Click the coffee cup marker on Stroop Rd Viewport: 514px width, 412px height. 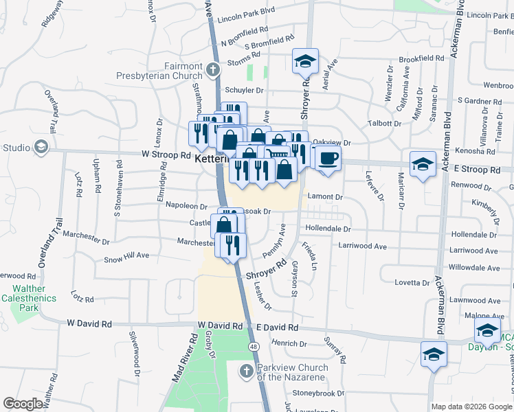328,157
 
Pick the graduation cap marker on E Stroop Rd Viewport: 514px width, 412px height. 423,164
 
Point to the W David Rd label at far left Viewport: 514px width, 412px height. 89,323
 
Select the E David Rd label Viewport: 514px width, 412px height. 274,328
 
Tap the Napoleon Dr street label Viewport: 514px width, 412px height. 186,206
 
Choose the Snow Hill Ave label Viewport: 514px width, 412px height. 126,258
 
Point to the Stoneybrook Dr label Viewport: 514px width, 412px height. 318,393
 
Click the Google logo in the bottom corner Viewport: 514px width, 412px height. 23,403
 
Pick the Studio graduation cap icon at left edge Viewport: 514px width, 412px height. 41,147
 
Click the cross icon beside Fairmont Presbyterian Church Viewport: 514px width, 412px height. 213,70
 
